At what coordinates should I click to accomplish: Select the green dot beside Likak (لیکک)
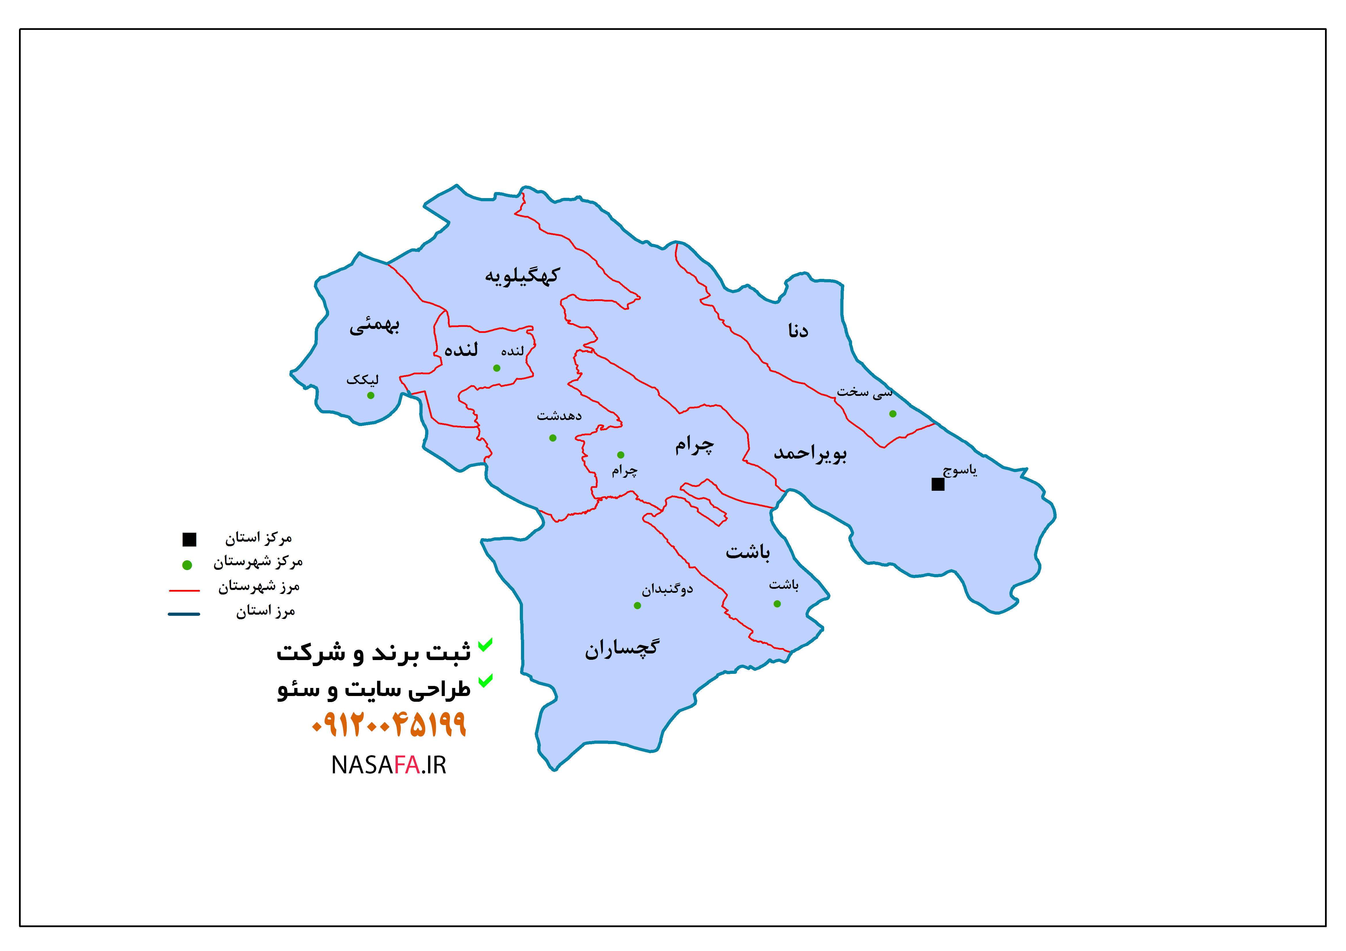click(x=371, y=396)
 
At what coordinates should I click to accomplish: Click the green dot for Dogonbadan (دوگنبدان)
click(x=637, y=605)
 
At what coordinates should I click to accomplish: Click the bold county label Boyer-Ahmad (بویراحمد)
click(x=810, y=453)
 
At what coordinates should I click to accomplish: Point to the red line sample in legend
click(x=184, y=590)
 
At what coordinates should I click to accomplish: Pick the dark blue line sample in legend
click(x=184, y=614)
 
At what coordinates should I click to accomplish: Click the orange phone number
click(x=389, y=725)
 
